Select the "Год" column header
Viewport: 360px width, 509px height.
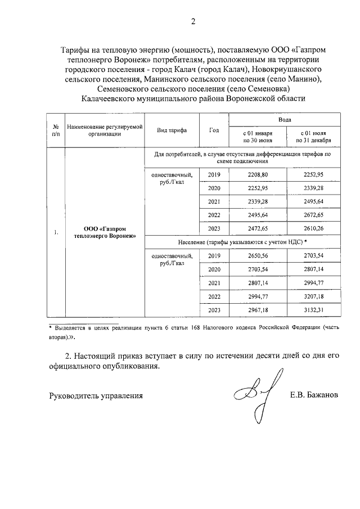(214, 130)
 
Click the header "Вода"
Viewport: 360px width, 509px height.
(285, 120)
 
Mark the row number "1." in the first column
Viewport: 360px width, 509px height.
(56, 233)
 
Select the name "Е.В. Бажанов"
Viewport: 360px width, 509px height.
(314, 395)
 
